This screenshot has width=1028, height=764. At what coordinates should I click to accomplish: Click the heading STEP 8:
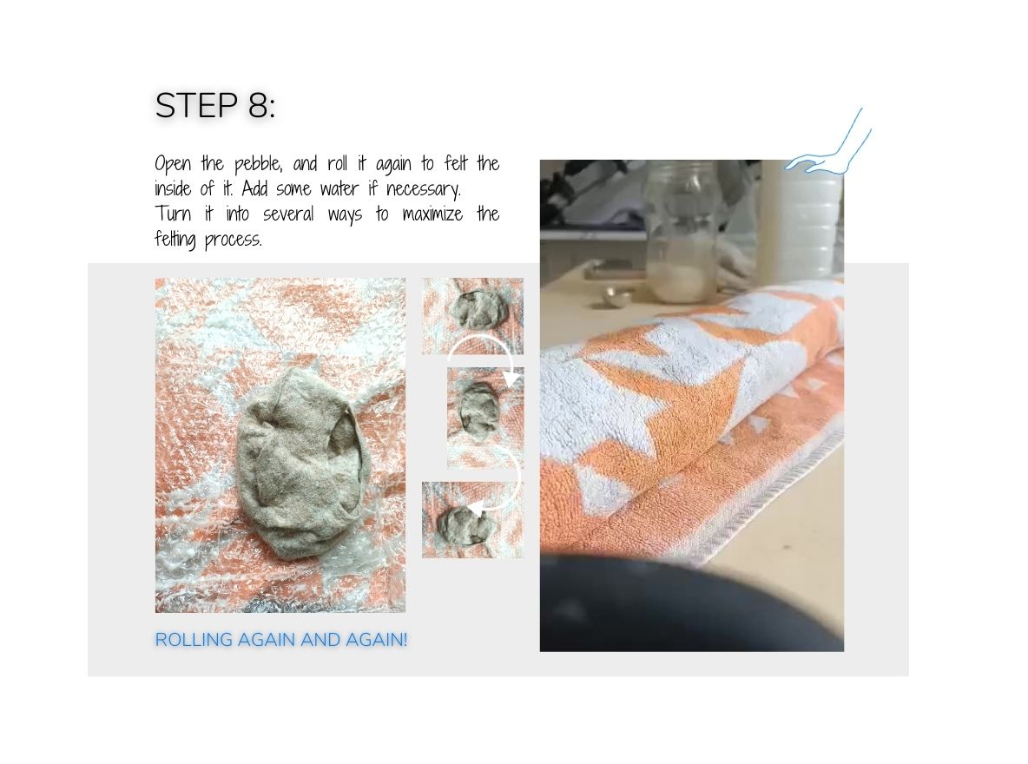pyautogui.click(x=214, y=106)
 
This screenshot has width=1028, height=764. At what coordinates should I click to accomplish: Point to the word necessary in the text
pyautogui.click(x=426, y=188)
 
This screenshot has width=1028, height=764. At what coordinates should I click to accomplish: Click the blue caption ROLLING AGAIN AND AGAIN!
pyautogui.click(x=280, y=640)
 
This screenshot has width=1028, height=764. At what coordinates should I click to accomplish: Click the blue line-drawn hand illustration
pyautogui.click(x=830, y=148)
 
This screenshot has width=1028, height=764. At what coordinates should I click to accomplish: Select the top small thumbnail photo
pyautogui.click(x=472, y=315)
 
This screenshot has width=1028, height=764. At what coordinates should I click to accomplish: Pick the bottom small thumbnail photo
pyautogui.click(x=471, y=520)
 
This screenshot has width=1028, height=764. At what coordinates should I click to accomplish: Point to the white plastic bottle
pyautogui.click(x=801, y=221)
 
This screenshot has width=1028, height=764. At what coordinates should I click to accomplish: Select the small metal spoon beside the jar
pyautogui.click(x=619, y=297)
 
